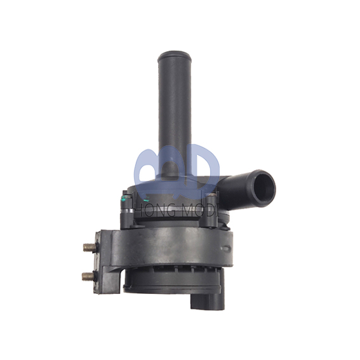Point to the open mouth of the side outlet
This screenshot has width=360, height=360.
tap(263, 184)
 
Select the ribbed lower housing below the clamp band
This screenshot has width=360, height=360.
tap(165, 279)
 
